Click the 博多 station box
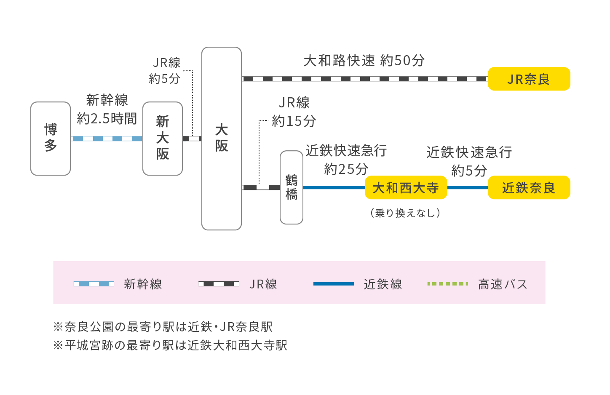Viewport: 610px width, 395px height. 51,139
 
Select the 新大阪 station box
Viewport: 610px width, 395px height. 163,139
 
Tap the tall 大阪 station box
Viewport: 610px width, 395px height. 222,139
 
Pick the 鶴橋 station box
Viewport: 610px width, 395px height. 292,187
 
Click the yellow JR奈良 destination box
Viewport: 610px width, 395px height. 529,79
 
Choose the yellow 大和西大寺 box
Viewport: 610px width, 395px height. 406,187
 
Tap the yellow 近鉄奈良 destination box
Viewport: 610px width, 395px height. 529,187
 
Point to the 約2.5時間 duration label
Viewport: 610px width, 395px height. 107,119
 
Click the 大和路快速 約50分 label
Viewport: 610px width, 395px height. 364,61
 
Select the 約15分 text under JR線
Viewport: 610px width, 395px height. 294,121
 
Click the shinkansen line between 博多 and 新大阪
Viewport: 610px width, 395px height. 107,139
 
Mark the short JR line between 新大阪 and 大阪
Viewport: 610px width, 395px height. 192,139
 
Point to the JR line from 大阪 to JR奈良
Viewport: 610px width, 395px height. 364,79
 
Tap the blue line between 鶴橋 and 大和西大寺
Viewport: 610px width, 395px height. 334,187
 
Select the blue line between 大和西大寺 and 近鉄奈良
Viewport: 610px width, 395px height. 467,187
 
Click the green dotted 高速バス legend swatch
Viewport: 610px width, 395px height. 447,284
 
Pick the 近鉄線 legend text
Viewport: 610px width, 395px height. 383,284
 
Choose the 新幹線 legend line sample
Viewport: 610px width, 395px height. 94,284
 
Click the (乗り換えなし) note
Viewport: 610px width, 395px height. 405,213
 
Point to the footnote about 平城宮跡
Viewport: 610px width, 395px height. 170,345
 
